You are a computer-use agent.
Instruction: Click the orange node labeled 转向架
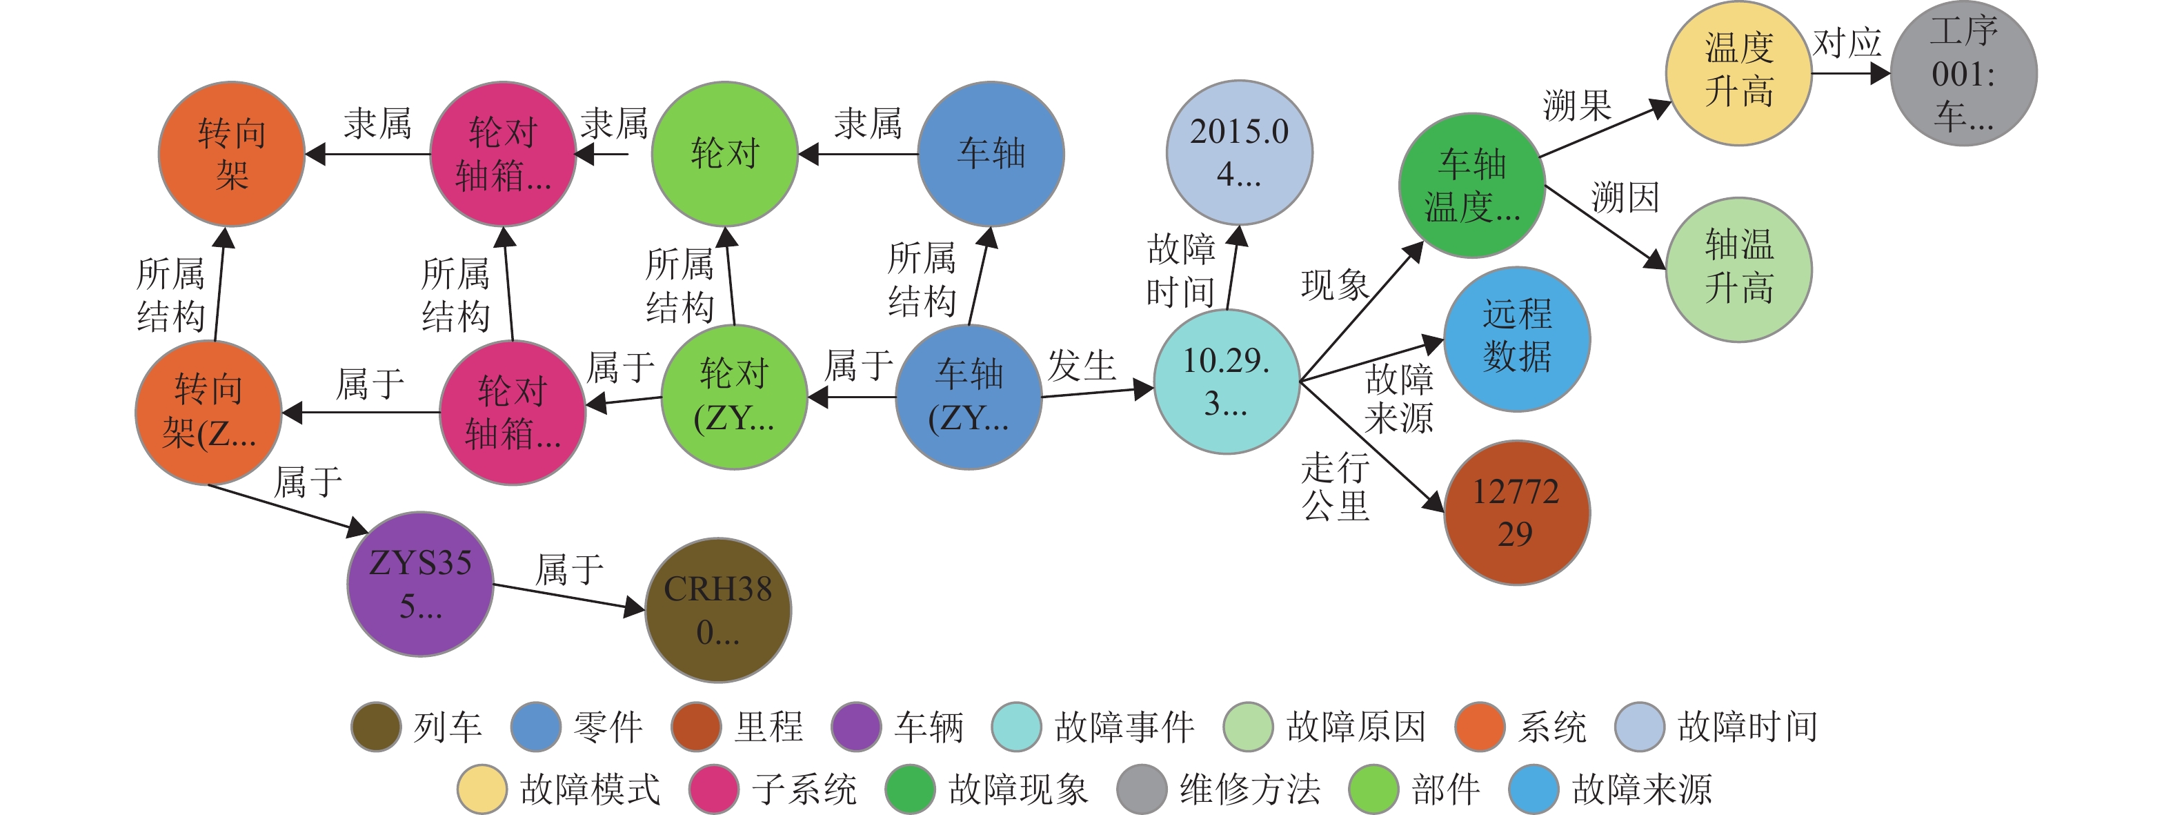(x=232, y=155)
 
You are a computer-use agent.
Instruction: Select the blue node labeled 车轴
(x=991, y=155)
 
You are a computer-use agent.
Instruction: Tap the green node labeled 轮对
(x=726, y=155)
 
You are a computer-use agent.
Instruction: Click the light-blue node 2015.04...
(x=1239, y=153)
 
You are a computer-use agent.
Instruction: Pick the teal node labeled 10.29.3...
(x=1226, y=382)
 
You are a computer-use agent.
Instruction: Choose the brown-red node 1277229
(x=1517, y=512)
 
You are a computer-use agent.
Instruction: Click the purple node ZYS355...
(x=420, y=584)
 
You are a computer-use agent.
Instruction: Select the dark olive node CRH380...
(x=718, y=610)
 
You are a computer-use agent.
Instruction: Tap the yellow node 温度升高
(x=1738, y=73)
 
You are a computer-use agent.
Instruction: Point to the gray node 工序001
(x=1964, y=73)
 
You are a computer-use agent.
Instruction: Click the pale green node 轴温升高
(x=1738, y=270)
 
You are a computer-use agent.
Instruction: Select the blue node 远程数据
(x=1517, y=339)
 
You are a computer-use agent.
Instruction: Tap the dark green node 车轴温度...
(x=1472, y=186)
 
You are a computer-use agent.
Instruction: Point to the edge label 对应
(x=1847, y=42)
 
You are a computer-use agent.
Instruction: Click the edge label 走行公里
(x=1336, y=487)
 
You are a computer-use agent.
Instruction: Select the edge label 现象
(x=1336, y=285)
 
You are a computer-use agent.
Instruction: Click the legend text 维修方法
(x=1249, y=789)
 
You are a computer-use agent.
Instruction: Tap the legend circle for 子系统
(x=714, y=789)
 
